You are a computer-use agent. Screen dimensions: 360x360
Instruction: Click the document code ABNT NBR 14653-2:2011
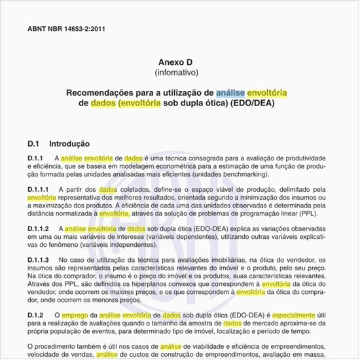click(66, 29)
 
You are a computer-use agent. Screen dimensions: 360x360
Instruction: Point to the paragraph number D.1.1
click(36, 158)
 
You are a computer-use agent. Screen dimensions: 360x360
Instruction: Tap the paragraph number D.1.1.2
click(40, 228)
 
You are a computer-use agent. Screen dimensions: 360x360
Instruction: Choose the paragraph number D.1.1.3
click(40, 260)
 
